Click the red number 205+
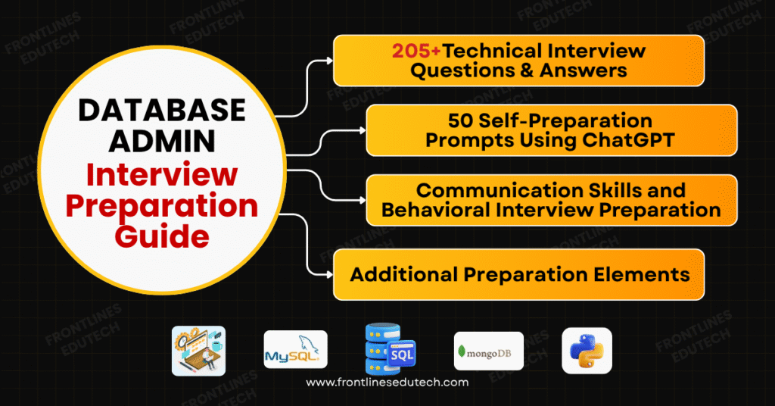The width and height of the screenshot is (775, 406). (x=416, y=52)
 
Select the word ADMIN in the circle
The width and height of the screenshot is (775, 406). (x=163, y=143)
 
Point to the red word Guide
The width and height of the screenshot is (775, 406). (x=162, y=236)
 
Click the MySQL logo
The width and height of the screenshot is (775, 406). (x=295, y=350)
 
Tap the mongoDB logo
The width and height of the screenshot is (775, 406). (x=488, y=351)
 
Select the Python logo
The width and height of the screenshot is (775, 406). (x=587, y=351)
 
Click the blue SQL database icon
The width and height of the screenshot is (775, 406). (x=388, y=349)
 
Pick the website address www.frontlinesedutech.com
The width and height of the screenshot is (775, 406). (x=387, y=383)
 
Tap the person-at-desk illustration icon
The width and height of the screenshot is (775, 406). (x=198, y=351)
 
